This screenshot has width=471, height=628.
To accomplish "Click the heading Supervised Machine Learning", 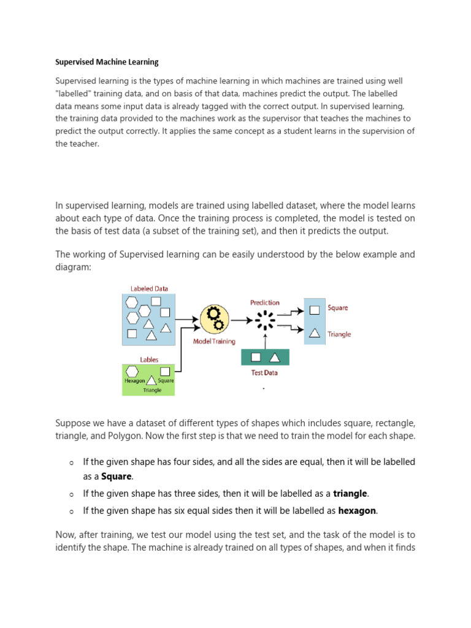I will tap(107, 62).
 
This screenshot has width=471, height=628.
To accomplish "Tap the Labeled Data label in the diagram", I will tap(149, 288).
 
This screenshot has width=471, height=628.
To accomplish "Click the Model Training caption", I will tap(214, 342).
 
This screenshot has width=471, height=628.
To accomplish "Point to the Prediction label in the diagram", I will tap(265, 302).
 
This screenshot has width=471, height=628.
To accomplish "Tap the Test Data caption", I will tap(265, 372).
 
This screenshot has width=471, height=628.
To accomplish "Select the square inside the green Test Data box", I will tap(257, 357).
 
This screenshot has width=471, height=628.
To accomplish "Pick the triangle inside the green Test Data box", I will tap(274, 357).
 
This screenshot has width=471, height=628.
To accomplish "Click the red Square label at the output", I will tap(338, 307).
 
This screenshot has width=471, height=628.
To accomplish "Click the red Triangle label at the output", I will tap(339, 334).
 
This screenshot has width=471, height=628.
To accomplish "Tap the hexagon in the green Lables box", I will tap(132, 371).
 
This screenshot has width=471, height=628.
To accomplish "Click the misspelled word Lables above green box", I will tap(149, 360).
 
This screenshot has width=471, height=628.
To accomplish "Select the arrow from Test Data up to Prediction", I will tap(266, 339).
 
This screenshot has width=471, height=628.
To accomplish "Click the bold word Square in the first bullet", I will tap(116, 477).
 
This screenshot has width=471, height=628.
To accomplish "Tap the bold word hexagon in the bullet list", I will tap(358, 510).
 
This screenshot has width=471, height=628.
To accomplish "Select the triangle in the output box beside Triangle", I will tap(315, 333).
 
